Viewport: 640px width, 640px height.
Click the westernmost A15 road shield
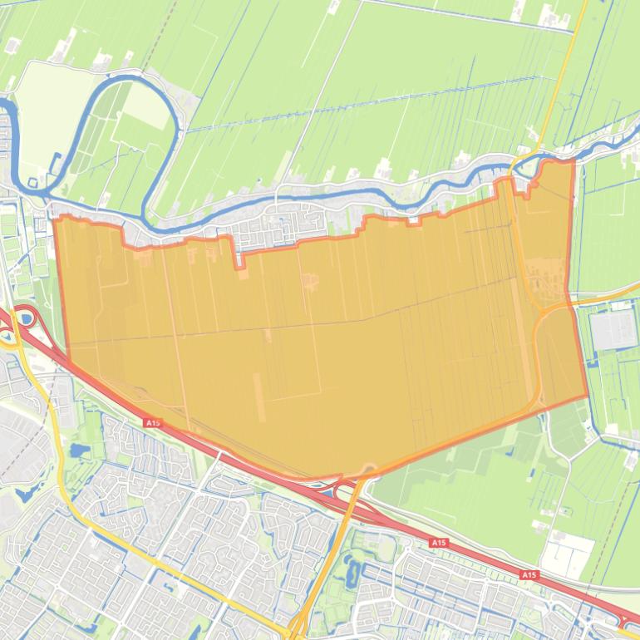(152, 423)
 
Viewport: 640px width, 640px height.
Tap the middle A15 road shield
(438, 542)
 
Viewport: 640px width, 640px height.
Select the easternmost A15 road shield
(529, 574)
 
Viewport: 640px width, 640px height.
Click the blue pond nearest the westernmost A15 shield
(81, 451)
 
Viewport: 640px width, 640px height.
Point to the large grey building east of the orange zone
(613, 330)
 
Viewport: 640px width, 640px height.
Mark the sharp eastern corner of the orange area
(587, 396)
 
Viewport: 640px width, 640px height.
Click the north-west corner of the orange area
(55, 218)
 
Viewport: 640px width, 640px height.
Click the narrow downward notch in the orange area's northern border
(240, 265)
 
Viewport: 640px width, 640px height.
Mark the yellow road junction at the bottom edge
(293, 632)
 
